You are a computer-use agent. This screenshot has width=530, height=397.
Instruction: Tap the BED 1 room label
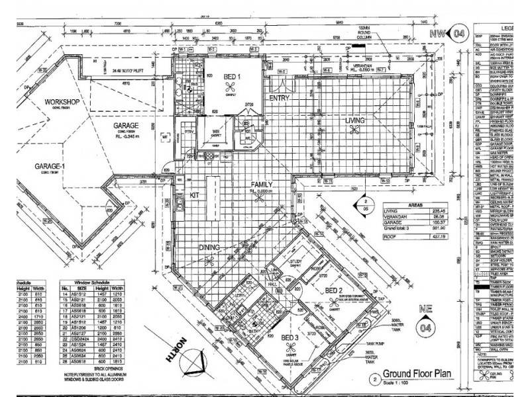point(232,77)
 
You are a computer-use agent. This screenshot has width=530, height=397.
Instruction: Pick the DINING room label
point(213,247)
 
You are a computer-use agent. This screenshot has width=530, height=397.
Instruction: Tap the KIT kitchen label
point(194,196)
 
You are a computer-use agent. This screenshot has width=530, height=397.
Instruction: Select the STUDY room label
point(295,262)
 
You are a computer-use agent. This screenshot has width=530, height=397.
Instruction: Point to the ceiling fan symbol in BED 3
point(291,349)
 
